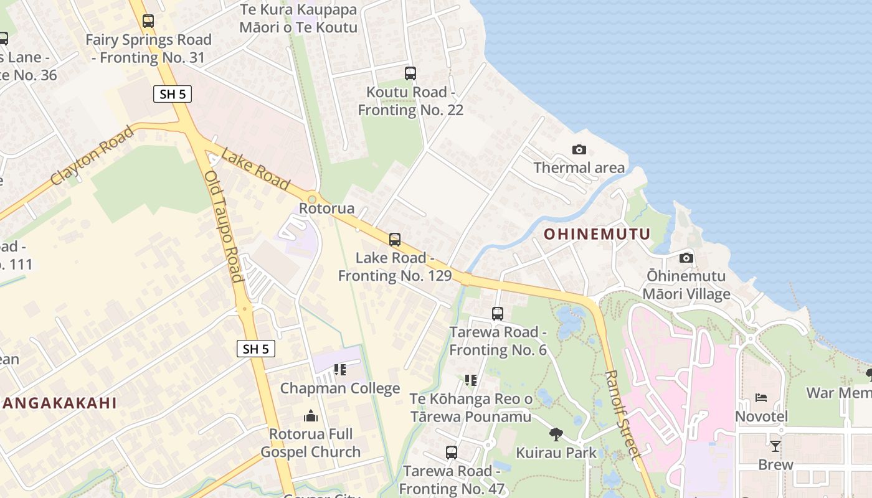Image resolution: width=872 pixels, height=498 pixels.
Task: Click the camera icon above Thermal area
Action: pos(579,149)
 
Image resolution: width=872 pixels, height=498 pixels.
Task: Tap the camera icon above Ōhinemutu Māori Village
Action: pos(686,258)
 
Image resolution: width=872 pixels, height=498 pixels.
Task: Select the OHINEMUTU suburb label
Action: pos(597,234)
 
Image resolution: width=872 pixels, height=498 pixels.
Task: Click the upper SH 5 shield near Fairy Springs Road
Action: pos(173,94)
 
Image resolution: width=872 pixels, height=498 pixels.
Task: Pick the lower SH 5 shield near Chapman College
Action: pos(256,349)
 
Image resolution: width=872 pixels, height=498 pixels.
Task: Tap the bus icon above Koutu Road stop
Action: pos(410,73)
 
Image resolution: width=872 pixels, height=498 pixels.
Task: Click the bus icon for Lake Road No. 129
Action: pos(394,239)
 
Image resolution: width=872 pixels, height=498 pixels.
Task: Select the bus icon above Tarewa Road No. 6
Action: pos(497,314)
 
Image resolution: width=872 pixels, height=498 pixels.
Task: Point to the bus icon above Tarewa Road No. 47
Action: pos(452,453)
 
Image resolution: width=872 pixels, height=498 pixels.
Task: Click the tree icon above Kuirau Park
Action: pos(556,434)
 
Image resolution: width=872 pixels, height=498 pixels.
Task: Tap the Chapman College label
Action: pos(339,388)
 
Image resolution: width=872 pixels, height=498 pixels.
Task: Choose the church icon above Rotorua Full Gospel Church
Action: pos(311,416)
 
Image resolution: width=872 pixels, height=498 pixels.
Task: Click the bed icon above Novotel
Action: pos(761,398)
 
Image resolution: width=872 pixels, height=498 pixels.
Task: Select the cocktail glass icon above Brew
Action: pos(775,446)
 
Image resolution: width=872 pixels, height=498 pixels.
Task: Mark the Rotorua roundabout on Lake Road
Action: pos(312,199)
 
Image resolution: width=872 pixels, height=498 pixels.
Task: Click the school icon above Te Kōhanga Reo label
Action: pos(471,380)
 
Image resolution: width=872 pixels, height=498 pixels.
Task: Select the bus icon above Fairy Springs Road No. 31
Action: pos(148,21)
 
